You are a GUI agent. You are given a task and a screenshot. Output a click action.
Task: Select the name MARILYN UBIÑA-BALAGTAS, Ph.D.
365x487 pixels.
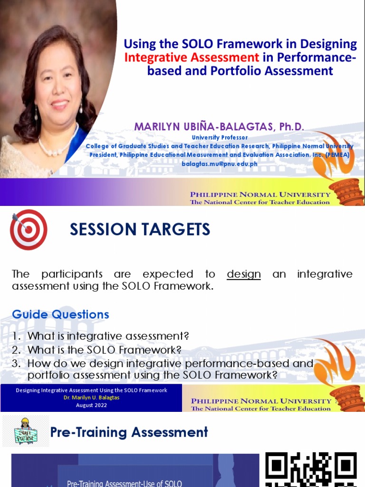(219, 127)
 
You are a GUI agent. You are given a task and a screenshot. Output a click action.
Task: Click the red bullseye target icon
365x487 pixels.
(29, 230)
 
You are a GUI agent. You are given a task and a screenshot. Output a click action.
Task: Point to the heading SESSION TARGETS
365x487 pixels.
(140, 230)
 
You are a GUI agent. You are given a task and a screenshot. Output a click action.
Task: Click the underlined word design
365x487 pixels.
(244, 274)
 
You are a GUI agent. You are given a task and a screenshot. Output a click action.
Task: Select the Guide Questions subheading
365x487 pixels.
(60, 314)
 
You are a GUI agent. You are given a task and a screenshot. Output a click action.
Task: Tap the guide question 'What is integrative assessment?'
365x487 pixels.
(108, 336)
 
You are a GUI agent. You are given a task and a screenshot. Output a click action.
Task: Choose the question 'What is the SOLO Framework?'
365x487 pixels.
(105, 350)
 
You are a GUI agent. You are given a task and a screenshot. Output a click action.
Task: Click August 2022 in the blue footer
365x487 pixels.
(91, 405)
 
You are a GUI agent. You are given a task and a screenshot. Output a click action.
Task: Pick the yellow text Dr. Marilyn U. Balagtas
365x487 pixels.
(91, 398)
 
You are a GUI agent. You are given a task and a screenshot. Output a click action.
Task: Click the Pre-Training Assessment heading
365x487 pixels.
(129, 432)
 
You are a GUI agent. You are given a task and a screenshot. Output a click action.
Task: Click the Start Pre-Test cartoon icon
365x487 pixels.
(26, 431)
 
